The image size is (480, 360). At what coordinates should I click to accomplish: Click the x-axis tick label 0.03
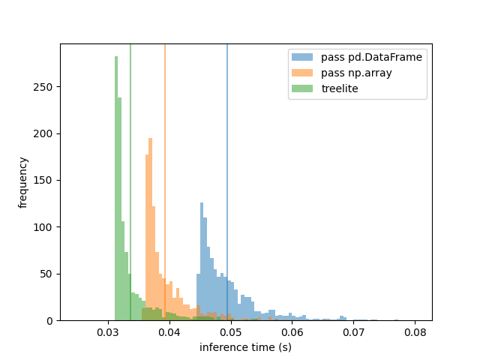(109, 331)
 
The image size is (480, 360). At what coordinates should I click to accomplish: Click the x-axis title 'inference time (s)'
(245, 346)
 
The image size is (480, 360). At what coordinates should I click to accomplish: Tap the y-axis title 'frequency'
(23, 182)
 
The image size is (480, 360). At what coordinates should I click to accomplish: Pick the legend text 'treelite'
(339, 88)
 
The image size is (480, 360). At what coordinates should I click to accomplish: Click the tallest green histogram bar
(116, 187)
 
